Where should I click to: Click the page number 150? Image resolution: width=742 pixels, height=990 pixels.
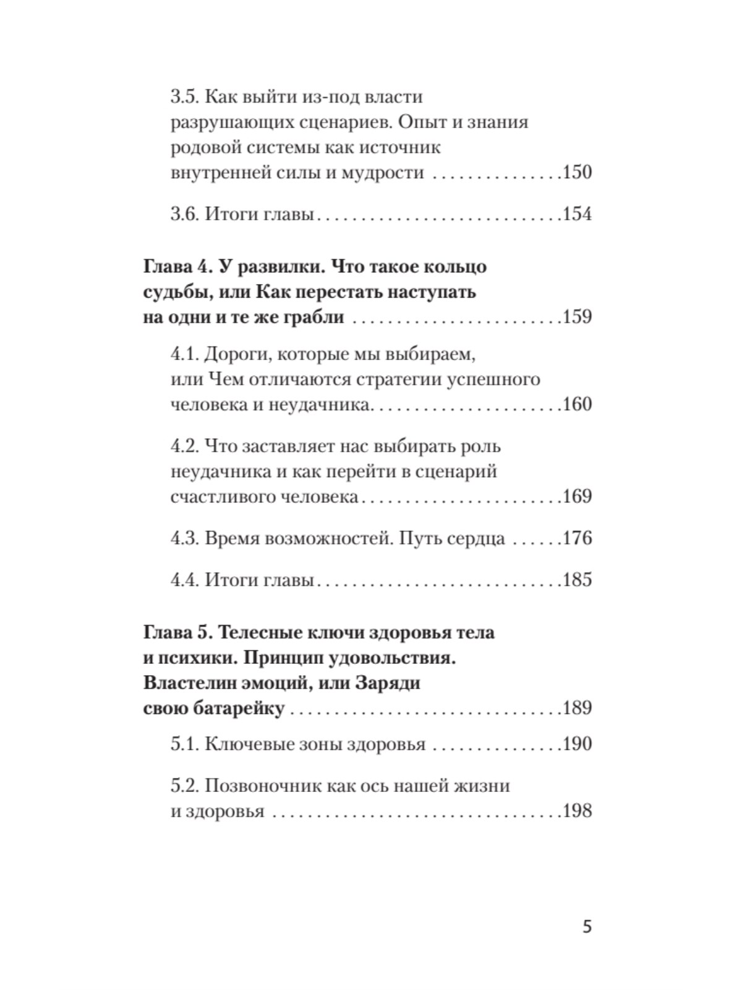pyautogui.click(x=577, y=173)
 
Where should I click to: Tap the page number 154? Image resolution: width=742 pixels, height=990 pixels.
pyautogui.click(x=577, y=214)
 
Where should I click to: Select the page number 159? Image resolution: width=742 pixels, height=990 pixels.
pyautogui.click(x=577, y=317)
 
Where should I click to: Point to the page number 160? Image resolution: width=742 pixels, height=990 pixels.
pyautogui.click(x=577, y=405)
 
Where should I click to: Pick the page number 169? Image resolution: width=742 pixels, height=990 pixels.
pyautogui.click(x=577, y=496)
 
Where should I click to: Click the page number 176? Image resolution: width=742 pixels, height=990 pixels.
pyautogui.click(x=577, y=538)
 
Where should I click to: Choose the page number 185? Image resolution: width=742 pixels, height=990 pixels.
pyautogui.click(x=577, y=580)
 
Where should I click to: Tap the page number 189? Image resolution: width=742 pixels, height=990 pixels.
pyautogui.click(x=577, y=708)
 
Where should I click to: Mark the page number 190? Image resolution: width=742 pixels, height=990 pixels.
pyautogui.click(x=577, y=744)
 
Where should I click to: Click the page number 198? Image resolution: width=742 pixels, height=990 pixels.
pyautogui.click(x=577, y=811)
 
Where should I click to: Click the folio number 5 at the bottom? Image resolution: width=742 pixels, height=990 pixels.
pyautogui.click(x=587, y=927)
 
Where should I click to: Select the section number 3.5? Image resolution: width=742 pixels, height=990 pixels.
pyautogui.click(x=184, y=97)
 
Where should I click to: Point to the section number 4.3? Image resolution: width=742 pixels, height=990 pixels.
pyautogui.click(x=184, y=538)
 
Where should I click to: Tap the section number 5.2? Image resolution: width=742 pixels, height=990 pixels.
pyautogui.click(x=184, y=786)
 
